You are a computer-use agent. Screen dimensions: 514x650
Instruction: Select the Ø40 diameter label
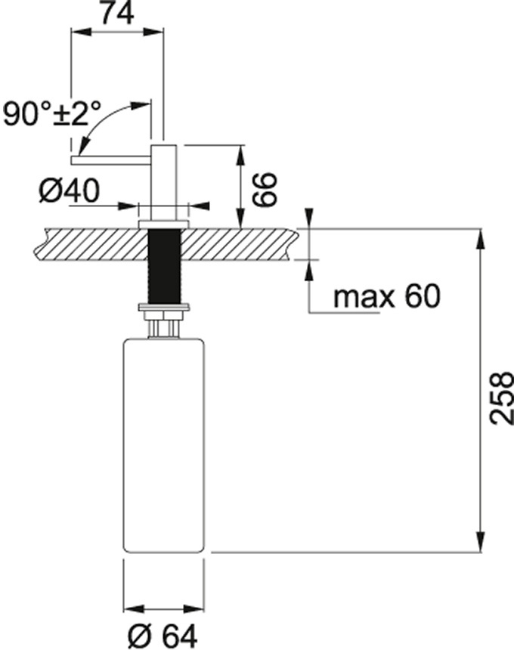(70, 191)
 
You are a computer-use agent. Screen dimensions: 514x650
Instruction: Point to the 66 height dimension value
(264, 190)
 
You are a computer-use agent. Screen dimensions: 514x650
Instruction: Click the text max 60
(387, 297)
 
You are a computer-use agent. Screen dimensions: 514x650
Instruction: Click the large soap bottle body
(164, 445)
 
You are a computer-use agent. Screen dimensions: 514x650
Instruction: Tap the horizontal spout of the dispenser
(111, 160)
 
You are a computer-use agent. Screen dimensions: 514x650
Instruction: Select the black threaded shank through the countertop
(164, 266)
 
